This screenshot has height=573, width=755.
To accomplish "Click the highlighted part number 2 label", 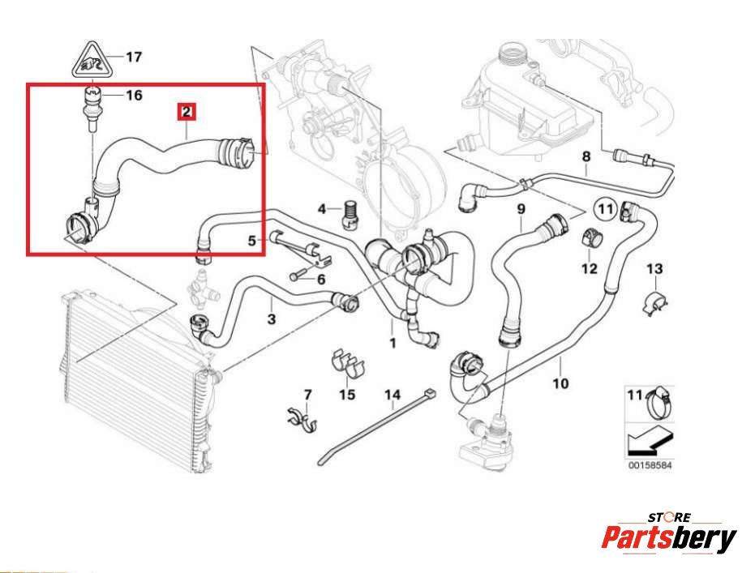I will (x=187, y=111).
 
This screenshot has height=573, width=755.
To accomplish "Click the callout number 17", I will (x=134, y=57).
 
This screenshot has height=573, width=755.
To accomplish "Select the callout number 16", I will (x=134, y=96).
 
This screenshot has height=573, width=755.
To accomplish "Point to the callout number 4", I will (x=322, y=210).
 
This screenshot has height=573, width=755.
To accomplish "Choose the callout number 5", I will (x=252, y=240).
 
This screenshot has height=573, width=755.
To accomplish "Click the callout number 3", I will (x=271, y=320).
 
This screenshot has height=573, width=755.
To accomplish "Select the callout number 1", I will (x=393, y=344).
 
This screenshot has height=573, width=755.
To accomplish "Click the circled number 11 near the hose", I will (x=604, y=209).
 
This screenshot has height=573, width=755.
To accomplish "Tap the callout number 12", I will (x=589, y=268).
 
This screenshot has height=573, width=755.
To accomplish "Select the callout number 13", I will (x=654, y=268).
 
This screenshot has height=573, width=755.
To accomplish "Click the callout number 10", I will (x=560, y=382).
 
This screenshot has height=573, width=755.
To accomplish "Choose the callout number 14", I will (x=393, y=396).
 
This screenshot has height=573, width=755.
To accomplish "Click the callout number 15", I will (x=346, y=395).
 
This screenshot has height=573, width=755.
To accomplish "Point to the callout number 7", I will (x=307, y=395).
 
